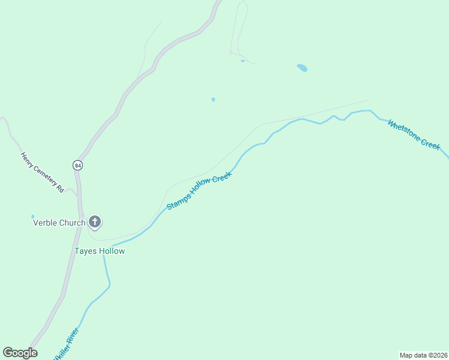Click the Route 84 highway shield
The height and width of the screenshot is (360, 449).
pyautogui.click(x=77, y=164)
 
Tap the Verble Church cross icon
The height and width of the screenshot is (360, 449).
pyautogui.click(x=94, y=222)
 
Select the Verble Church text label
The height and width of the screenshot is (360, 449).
pyautogui.click(x=59, y=223)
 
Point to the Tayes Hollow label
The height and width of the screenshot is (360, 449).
pyautogui.click(x=100, y=251)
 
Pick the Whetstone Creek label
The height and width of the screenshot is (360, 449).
pyautogui.click(x=414, y=134)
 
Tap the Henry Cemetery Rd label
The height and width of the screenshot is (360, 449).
pyautogui.click(x=42, y=172)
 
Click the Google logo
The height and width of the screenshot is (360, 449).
pyautogui.click(x=20, y=353)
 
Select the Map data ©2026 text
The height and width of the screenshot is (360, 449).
pyautogui.click(x=423, y=355)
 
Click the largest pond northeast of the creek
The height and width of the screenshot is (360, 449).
pyautogui.click(x=302, y=68)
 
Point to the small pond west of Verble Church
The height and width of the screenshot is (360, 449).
pyautogui.click(x=33, y=217)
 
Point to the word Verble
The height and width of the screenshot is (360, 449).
pyautogui.click(x=44, y=223)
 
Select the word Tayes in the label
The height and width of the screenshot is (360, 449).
pyautogui.click(x=84, y=251)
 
